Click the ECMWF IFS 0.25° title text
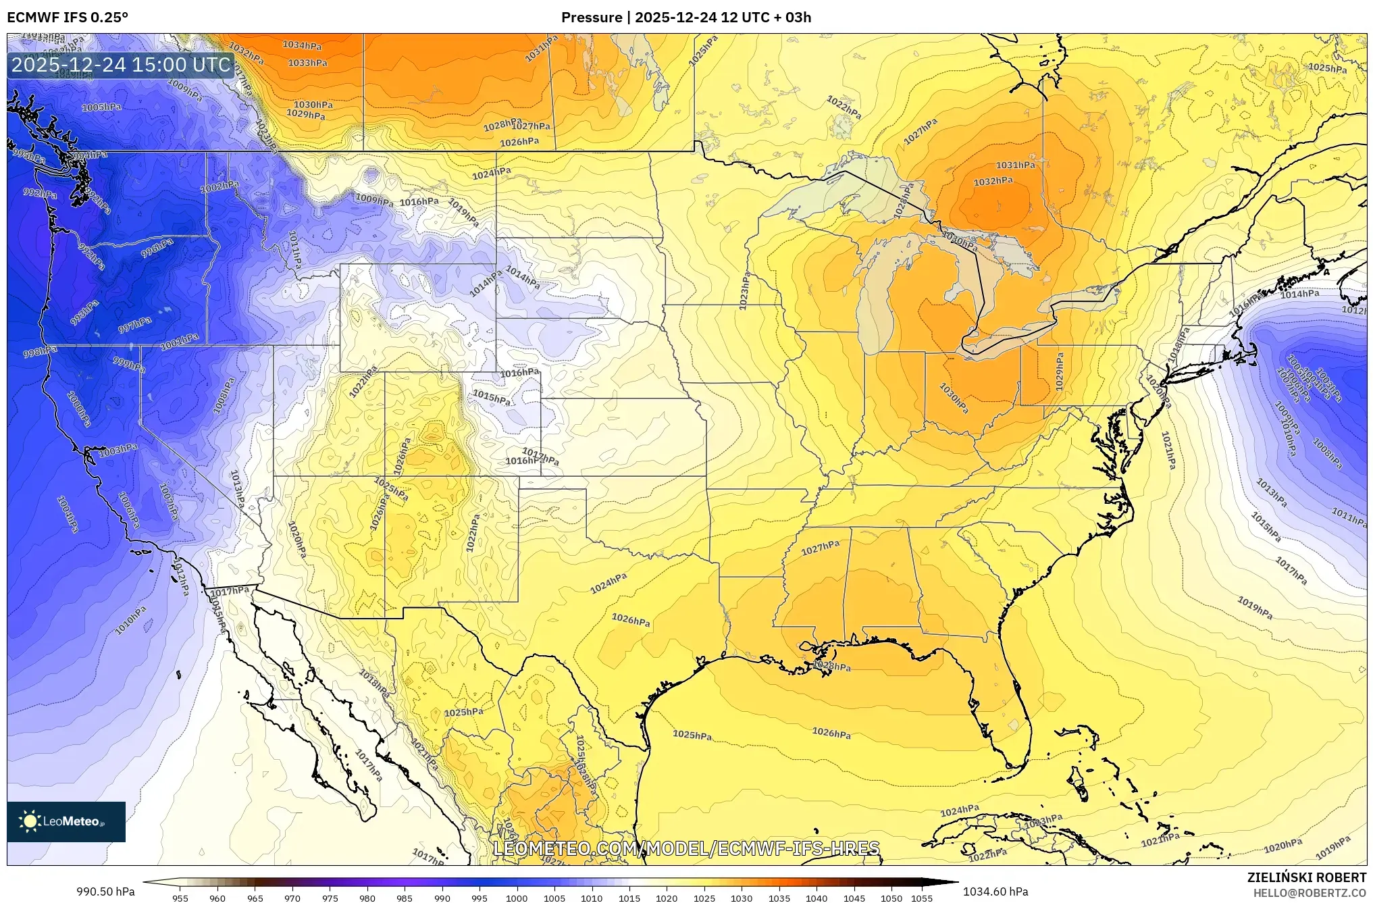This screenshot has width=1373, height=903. pyautogui.click(x=68, y=18)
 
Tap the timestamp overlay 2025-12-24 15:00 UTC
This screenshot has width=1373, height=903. pyautogui.click(x=122, y=65)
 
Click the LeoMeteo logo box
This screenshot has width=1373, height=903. pyautogui.click(x=66, y=821)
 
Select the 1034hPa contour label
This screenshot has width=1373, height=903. pyautogui.click(x=302, y=45)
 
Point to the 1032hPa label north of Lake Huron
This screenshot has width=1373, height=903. pyautogui.click(x=993, y=181)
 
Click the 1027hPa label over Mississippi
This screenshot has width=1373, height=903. pyautogui.click(x=820, y=548)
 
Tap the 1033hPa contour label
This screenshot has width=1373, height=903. pyautogui.click(x=307, y=63)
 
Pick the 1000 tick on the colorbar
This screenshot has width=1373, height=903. pyautogui.click(x=517, y=898)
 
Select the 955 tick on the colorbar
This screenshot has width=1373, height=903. pyautogui.click(x=180, y=898)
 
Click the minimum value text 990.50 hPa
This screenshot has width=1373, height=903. pyautogui.click(x=105, y=892)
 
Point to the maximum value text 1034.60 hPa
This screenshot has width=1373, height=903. pyautogui.click(x=995, y=892)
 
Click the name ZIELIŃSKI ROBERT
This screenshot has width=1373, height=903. pyautogui.click(x=1306, y=877)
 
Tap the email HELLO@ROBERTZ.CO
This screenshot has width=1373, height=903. pyautogui.click(x=1310, y=893)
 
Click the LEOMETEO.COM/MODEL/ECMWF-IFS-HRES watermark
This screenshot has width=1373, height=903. pyautogui.click(x=686, y=848)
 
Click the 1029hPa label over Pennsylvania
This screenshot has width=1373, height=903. pyautogui.click(x=1059, y=371)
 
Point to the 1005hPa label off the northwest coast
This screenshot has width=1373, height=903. pyautogui.click(x=101, y=107)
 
